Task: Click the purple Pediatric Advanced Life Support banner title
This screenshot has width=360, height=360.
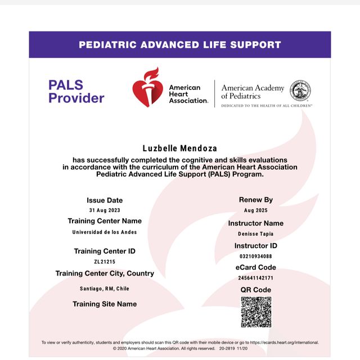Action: [180, 44]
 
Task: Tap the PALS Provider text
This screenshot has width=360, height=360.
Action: [76, 92]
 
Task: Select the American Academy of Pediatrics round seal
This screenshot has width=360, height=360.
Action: [300, 91]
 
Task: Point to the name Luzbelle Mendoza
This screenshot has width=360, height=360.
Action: [180, 148]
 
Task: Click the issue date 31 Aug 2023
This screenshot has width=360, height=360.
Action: [105, 210]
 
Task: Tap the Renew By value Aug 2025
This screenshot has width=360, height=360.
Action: [255, 210]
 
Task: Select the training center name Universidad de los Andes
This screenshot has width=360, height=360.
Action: [105, 232]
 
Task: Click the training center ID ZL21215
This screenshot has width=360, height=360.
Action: [105, 262]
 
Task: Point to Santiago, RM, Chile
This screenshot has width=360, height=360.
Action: [105, 289]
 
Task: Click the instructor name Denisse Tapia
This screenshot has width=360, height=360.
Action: [255, 233]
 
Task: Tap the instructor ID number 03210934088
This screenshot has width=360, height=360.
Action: [255, 256]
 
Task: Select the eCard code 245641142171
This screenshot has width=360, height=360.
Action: [255, 278]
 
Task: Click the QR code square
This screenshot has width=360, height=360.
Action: [256, 312]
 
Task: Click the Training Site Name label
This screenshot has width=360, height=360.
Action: [105, 304]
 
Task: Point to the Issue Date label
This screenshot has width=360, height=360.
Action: [105, 200]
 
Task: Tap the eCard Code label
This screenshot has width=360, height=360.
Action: [255, 268]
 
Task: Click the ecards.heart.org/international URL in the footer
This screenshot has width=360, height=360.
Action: [284, 342]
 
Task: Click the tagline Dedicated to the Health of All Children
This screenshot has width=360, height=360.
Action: [267, 105]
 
